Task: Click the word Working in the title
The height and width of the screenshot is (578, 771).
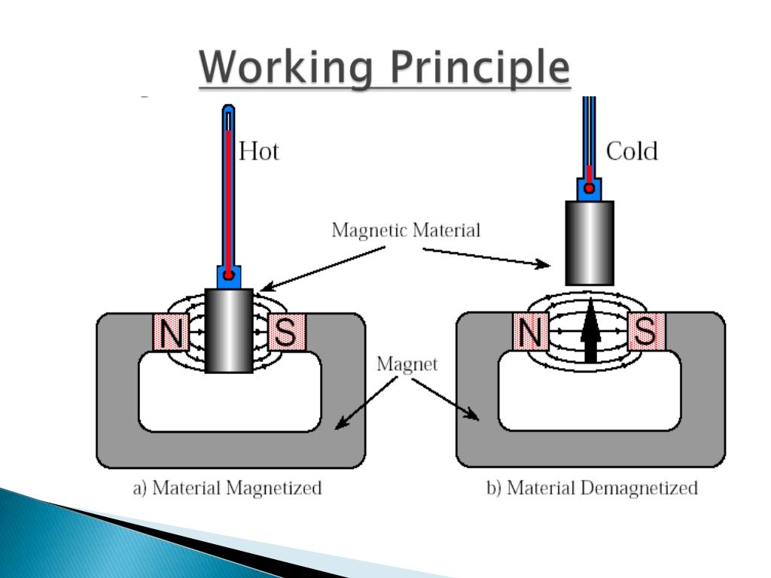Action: coord(287,68)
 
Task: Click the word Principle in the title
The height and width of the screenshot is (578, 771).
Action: coord(477,68)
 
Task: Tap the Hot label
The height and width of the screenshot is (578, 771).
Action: coord(259,151)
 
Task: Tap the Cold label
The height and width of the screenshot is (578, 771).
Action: coord(631,151)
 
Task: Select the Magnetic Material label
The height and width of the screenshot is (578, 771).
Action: coord(405,230)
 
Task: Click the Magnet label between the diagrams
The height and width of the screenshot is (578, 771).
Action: coord(407,364)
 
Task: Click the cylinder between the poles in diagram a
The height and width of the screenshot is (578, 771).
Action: coord(228,331)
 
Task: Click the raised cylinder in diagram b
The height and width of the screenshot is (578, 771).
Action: coord(589,242)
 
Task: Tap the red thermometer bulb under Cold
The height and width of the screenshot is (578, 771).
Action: coord(590,187)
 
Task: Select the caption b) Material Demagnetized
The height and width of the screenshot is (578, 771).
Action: coord(591,488)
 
